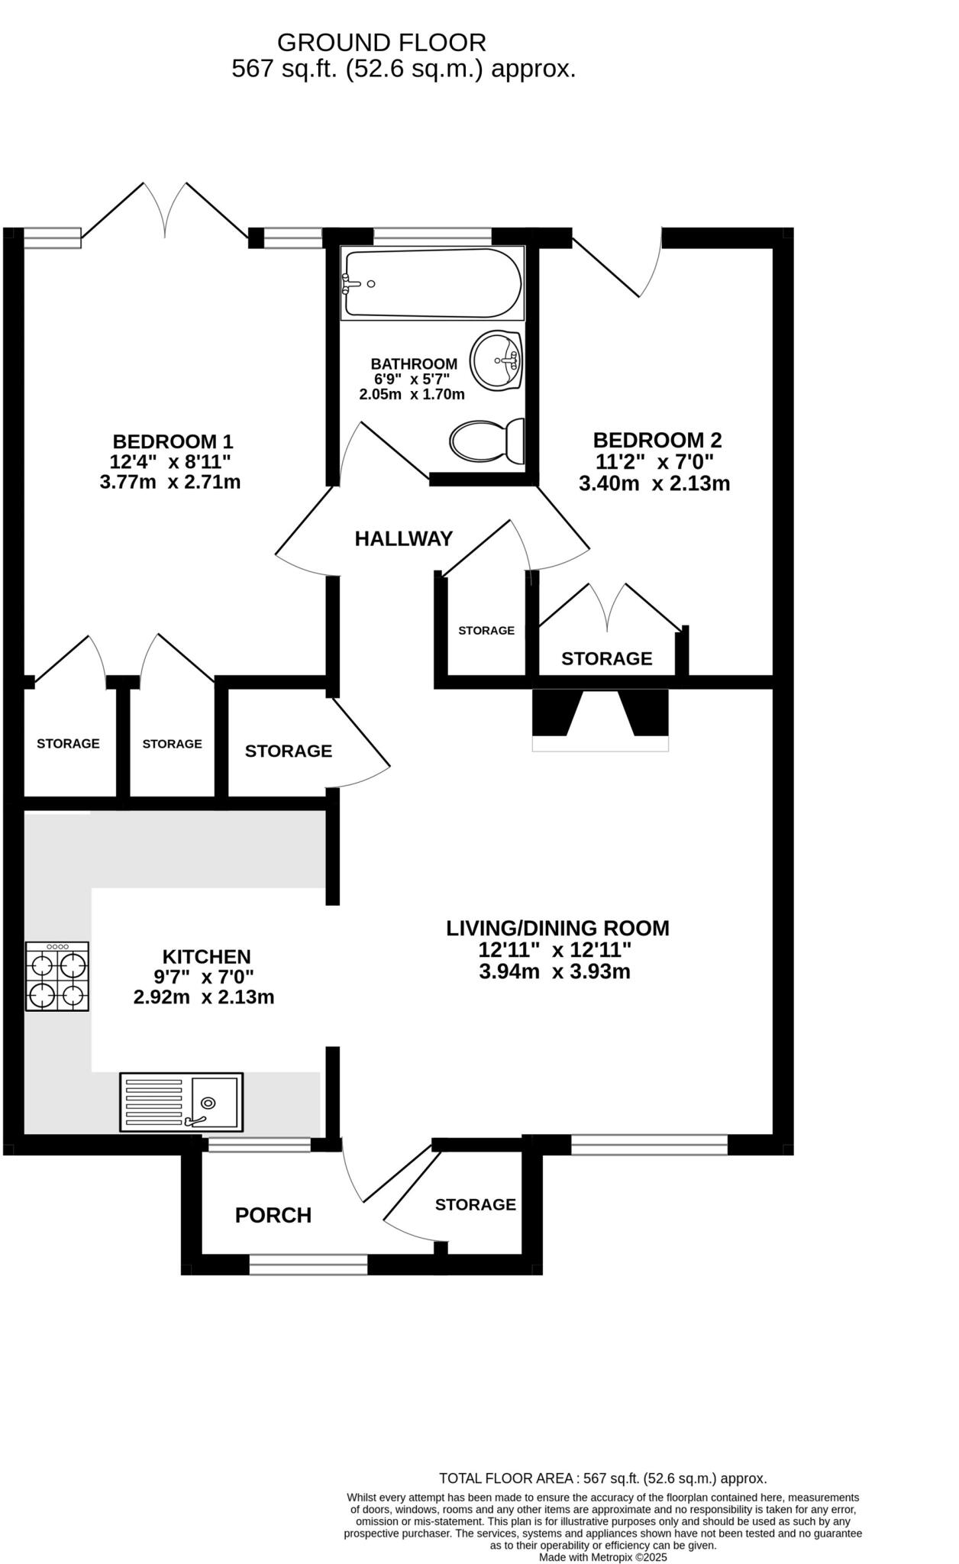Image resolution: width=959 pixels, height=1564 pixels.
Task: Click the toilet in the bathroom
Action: click(487, 441)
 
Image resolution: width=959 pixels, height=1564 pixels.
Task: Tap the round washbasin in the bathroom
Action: click(496, 360)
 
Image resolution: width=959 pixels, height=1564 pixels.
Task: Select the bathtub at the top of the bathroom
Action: click(432, 283)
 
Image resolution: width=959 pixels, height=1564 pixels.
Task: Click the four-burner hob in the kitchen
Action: click(57, 976)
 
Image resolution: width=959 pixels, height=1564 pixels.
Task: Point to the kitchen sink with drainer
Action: click(181, 1101)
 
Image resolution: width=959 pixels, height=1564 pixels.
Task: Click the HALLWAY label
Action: click(404, 539)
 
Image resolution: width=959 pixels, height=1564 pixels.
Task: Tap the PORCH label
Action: click(273, 1215)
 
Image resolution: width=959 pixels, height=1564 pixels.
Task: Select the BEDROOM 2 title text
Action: click(657, 440)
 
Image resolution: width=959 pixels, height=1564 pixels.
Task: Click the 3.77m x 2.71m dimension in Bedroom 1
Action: click(170, 482)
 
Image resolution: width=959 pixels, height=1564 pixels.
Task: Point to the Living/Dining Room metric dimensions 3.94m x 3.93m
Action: click(554, 971)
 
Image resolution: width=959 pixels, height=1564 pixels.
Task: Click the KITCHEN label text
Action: click(206, 956)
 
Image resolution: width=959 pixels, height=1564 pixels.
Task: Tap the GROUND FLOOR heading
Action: click(381, 42)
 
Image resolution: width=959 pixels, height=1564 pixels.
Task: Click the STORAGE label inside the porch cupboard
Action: click(476, 1204)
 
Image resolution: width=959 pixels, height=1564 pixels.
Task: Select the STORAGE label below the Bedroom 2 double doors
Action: click(606, 658)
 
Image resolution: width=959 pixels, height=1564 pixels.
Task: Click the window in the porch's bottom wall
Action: click(308, 1265)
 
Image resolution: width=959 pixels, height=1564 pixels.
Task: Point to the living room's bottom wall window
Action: click(649, 1144)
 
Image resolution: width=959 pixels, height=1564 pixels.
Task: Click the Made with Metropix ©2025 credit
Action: click(602, 1557)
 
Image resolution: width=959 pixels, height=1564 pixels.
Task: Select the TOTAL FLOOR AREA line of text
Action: click(602, 1478)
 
